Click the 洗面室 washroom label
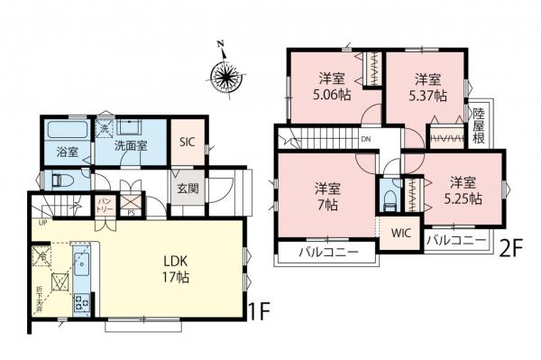(130, 144)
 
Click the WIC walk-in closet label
(401, 232)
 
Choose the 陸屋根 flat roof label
(480, 125)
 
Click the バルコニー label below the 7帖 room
(329, 253)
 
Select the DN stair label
(367, 140)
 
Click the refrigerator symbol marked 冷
(42, 255)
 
